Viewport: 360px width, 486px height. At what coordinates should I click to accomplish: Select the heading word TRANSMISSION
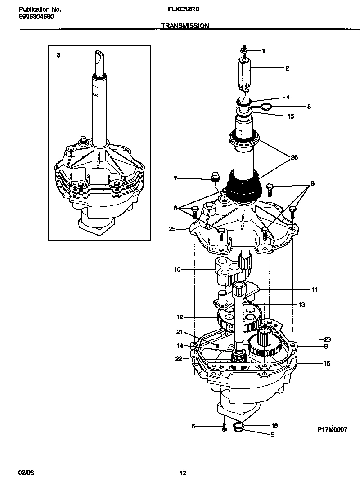click(x=184, y=26)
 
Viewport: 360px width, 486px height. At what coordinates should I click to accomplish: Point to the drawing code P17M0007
click(x=332, y=430)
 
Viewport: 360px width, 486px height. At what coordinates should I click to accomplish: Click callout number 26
click(x=294, y=157)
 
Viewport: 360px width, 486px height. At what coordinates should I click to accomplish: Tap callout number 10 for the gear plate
click(x=177, y=269)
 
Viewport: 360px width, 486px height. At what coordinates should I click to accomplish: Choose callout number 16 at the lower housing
click(x=326, y=363)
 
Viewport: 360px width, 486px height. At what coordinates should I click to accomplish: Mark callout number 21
click(x=179, y=333)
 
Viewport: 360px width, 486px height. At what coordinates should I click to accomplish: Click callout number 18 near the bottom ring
click(x=274, y=425)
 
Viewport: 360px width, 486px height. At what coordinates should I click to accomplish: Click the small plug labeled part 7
click(x=215, y=175)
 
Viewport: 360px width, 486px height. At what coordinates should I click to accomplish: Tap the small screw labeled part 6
click(x=223, y=428)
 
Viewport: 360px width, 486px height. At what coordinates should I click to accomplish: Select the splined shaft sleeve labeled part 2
click(x=243, y=74)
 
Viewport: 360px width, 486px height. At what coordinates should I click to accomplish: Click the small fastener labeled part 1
click(x=243, y=51)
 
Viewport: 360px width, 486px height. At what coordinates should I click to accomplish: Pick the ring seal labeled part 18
click(x=238, y=427)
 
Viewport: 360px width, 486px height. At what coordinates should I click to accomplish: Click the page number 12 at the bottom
click(x=183, y=473)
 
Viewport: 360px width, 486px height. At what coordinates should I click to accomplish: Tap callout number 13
click(x=301, y=304)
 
